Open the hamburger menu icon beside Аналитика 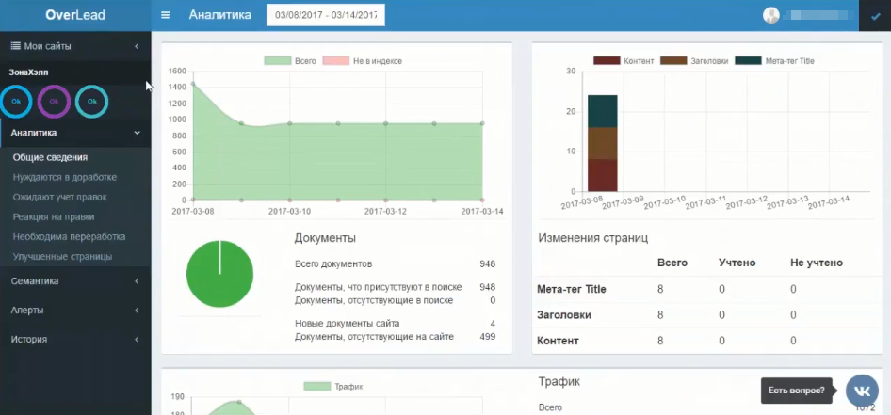coord(166,15)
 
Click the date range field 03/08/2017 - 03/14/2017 coord(326,15)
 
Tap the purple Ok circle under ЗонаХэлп coord(54,101)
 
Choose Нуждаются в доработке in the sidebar coord(65,177)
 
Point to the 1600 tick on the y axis coord(178,72)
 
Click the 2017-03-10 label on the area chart coord(290,211)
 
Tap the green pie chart coord(219,274)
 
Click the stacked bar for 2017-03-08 coord(603,142)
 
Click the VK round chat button coord(862,390)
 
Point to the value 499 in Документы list coord(487,336)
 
